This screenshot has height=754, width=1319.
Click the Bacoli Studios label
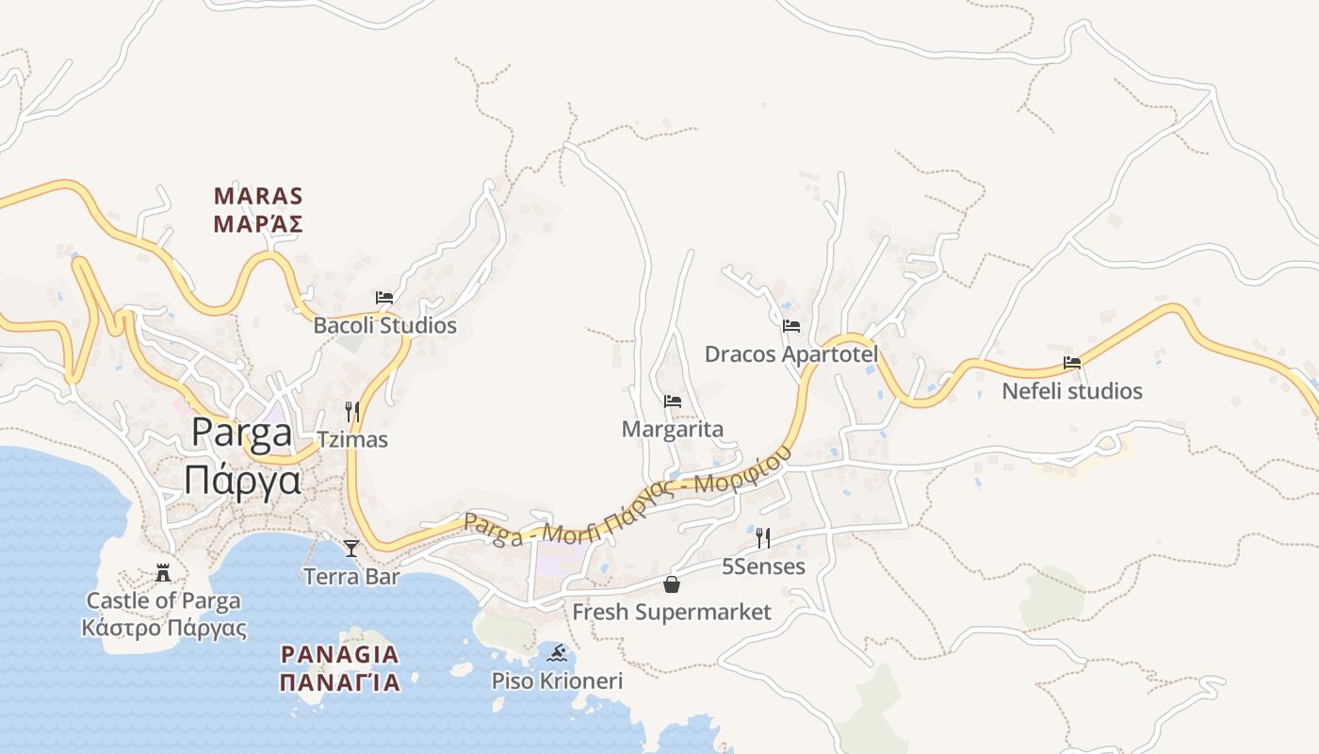coord(384,326)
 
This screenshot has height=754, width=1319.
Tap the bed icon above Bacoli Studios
coord(384,298)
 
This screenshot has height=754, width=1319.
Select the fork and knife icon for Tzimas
coord(352,412)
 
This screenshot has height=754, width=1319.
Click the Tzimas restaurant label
coord(352,440)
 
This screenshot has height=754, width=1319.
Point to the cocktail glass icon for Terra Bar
coord(351,548)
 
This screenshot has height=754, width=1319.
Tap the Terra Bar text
coord(351,577)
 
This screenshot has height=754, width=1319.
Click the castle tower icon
coord(163,572)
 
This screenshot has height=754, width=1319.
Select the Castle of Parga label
coord(164,601)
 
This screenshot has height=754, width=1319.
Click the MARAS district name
coord(258,197)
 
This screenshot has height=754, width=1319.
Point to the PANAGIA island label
coord(340,655)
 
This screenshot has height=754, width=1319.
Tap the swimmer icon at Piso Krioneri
coord(557,652)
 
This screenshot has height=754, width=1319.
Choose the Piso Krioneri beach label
coord(557,680)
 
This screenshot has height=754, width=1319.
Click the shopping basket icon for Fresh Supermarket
coord(672,584)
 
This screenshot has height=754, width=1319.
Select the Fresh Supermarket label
coord(672,613)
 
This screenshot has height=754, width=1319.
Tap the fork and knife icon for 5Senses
coord(763,538)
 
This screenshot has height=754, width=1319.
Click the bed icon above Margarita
coord(673,402)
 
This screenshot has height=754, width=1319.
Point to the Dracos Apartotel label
coord(791,354)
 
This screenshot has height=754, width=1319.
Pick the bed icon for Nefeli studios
coord(1072,363)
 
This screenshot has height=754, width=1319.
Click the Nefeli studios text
coord(1072,391)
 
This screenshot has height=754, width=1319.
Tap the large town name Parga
coord(242,433)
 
